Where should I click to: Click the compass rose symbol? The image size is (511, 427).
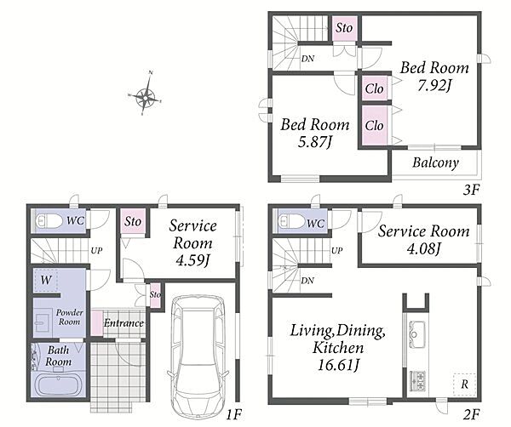[x=146, y=94]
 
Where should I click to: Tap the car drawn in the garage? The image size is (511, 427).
[x=198, y=357]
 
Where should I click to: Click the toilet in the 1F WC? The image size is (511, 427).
[x=49, y=221]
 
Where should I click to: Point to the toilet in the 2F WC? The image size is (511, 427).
[x=291, y=221]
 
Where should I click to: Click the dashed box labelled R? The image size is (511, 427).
[x=464, y=384]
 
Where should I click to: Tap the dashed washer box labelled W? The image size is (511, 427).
[x=46, y=280]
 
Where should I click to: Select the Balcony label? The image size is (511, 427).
[x=435, y=162]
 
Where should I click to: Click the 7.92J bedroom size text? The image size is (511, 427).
[x=434, y=86]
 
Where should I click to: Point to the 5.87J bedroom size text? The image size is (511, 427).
[x=315, y=142]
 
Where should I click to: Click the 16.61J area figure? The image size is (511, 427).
[x=338, y=365]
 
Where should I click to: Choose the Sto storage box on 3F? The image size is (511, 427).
[x=344, y=28]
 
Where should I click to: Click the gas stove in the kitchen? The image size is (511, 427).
[x=417, y=381]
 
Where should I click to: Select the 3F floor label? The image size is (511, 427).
[x=471, y=190]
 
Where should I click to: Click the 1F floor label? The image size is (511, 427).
[x=234, y=414]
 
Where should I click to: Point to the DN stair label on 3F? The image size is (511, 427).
[x=307, y=59]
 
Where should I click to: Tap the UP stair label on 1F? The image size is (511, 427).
[x=96, y=251]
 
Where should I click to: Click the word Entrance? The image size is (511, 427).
[x=123, y=323]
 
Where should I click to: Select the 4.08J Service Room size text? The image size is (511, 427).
[x=423, y=249]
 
